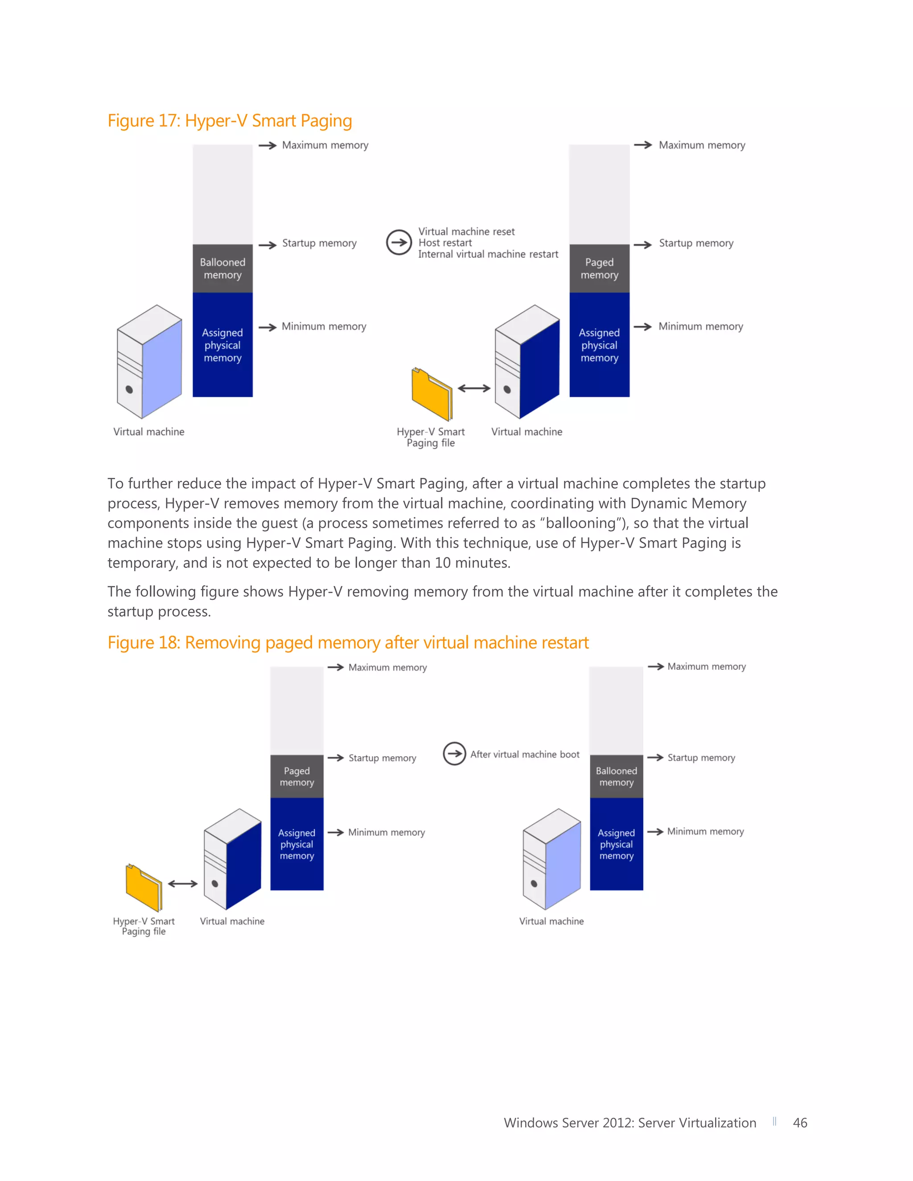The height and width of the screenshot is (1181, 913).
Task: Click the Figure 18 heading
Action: pos(348,642)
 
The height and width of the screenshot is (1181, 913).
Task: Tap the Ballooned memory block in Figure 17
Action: pos(222,269)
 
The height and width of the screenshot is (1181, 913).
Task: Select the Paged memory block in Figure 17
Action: pos(599,269)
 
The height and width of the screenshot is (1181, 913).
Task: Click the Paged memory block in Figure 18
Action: pos(296,776)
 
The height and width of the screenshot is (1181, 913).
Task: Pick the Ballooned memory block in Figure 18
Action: pos(616,776)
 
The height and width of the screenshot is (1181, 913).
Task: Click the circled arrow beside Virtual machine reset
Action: pos(399,242)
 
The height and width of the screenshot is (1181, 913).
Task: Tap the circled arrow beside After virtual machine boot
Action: pos(454,754)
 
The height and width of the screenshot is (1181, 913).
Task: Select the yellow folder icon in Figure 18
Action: pos(144,887)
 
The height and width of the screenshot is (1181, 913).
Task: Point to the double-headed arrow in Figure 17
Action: pos(474,388)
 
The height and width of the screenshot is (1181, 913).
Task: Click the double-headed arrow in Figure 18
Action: pos(183,884)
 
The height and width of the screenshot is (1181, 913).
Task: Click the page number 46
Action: pos(799,1123)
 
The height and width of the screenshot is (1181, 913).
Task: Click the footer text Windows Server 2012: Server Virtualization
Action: pos(629,1123)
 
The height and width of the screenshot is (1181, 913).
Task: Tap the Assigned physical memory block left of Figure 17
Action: pos(222,345)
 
